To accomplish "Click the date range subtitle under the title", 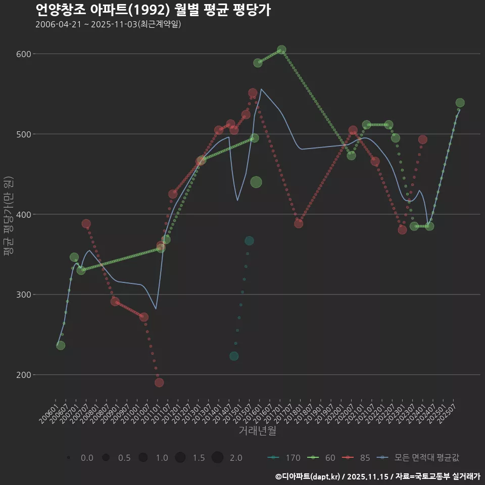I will (108, 24).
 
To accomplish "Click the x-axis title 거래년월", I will (257, 431).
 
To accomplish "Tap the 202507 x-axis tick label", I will (449, 410).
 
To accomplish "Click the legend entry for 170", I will (285, 458).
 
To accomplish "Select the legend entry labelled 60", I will (324, 458).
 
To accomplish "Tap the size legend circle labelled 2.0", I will (217, 458).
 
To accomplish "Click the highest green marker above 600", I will (281, 50).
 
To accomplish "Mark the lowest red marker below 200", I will (159, 382).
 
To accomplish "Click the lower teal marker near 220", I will (234, 356).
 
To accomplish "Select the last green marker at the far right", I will (460, 103).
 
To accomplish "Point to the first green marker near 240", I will (61, 346).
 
